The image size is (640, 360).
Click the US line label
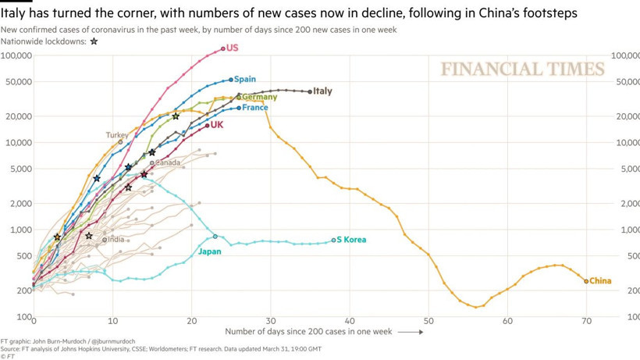(x=232, y=48)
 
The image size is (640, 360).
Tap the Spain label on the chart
(x=245, y=79)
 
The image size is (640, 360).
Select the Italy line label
(x=322, y=91)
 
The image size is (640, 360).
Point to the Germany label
(x=259, y=98)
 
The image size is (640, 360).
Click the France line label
(x=255, y=108)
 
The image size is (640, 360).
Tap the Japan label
(x=209, y=251)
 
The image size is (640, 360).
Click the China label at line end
(x=600, y=281)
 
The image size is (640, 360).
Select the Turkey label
(x=117, y=135)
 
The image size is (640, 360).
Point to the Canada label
(x=168, y=163)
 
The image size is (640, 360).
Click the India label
(x=116, y=240)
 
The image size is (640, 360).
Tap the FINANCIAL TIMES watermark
(x=523, y=70)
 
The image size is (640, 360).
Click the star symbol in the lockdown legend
(x=94, y=41)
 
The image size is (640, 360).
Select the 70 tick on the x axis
(x=586, y=322)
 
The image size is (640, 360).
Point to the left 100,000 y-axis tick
(x=16, y=55)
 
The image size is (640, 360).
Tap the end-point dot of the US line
(x=223, y=48)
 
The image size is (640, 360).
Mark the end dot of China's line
(x=586, y=281)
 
